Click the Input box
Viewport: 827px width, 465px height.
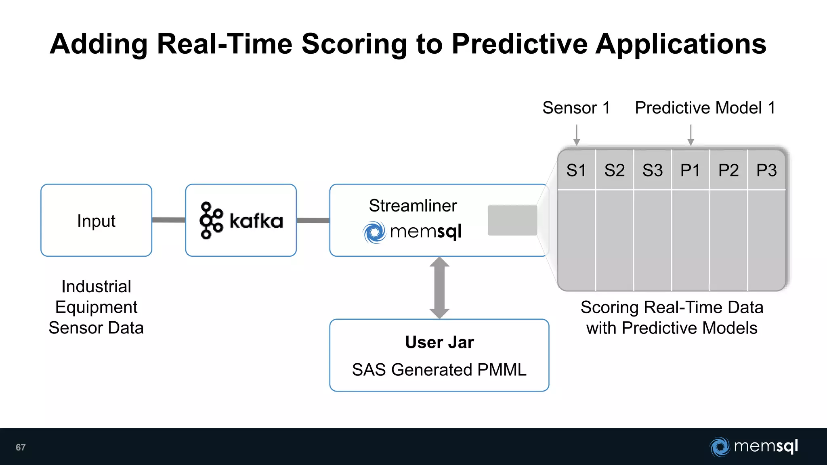96,220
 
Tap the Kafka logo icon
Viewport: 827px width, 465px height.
211,220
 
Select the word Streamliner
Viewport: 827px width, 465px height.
413,206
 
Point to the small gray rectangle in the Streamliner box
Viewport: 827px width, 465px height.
512,220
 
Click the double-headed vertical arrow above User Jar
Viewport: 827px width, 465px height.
439,288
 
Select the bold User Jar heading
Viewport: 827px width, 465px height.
439,342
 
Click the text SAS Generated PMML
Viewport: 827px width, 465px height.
439,370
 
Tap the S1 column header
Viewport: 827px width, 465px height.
576,170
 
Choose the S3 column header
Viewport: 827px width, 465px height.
653,170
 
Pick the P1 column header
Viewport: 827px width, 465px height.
690,170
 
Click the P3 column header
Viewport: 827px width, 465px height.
766,170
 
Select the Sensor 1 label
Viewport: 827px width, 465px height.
576,108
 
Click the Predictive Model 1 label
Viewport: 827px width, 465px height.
705,108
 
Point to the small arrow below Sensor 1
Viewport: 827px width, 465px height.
577,135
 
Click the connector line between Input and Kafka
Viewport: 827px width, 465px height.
168,220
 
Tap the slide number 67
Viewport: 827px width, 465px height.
21,447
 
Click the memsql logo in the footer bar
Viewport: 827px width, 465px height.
754,447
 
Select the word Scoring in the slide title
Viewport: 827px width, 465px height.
354,44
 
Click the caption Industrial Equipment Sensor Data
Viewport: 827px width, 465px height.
96,307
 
